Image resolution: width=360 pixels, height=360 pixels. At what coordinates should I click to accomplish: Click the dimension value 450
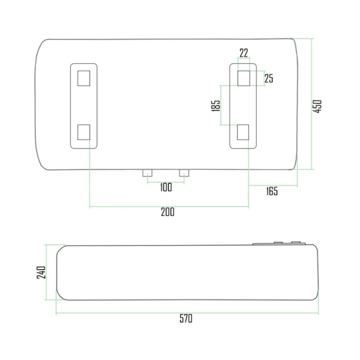point(317,106)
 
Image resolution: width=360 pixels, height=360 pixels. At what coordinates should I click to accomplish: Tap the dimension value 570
point(186,319)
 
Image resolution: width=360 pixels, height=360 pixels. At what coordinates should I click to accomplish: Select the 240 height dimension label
point(41,273)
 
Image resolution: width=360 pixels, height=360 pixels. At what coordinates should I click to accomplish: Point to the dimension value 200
point(167,212)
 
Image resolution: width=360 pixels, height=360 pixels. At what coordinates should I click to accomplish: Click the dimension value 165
point(272,191)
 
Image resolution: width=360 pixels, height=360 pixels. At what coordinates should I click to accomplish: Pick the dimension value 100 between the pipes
point(166,187)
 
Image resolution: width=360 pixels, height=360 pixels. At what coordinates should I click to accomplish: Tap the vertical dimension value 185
point(215,106)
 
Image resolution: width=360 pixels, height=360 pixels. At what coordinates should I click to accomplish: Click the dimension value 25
point(269,78)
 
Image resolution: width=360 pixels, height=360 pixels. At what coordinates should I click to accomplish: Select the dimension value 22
point(244,53)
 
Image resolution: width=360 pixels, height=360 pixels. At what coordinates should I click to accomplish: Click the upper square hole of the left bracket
point(84,78)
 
